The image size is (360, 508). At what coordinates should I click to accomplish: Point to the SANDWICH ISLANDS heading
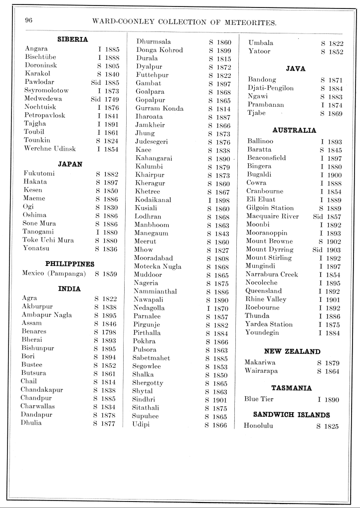(x=291, y=414)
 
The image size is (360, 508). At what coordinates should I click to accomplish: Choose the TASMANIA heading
(x=291, y=387)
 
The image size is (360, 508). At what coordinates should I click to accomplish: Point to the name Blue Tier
(x=259, y=399)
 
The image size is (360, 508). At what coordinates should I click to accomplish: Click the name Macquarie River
(x=273, y=216)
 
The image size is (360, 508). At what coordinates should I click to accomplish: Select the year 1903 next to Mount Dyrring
(x=334, y=249)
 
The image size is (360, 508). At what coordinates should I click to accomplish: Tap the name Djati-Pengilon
(x=271, y=88)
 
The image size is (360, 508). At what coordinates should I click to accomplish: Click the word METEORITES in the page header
(x=245, y=22)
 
